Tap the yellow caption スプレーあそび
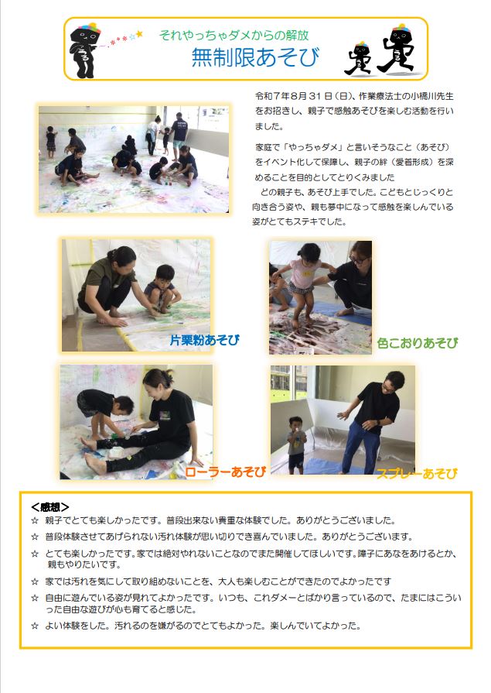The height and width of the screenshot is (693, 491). [x=417, y=473]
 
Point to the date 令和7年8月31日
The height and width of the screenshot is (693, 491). [x=293, y=96]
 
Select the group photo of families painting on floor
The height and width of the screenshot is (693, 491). [x=134, y=159]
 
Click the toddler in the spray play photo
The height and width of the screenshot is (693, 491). [x=296, y=443]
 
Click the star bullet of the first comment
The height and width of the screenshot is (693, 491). [x=34, y=521]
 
